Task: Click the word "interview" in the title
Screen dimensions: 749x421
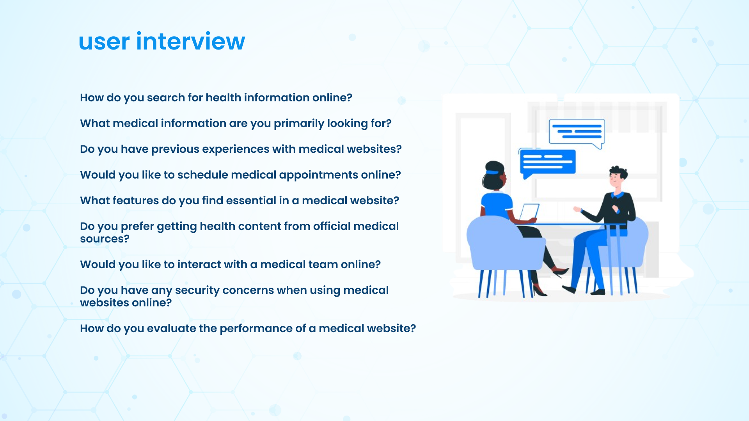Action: click(x=190, y=41)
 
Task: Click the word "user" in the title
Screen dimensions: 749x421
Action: click(x=104, y=43)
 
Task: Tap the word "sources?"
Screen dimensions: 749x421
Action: click(x=105, y=239)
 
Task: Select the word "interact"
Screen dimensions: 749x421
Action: click(x=199, y=264)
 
